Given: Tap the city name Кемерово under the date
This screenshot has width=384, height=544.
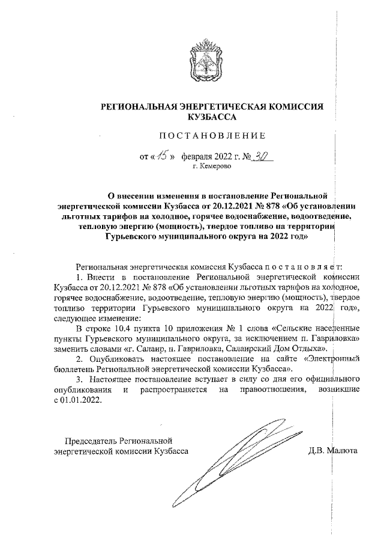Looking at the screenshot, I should tap(211, 166).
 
